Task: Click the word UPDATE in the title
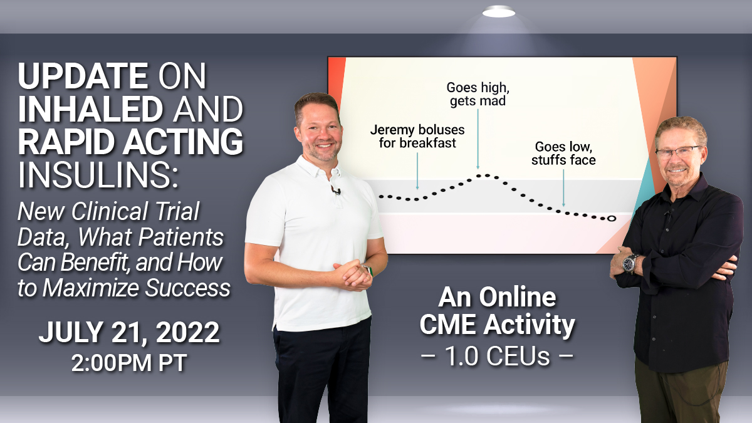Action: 83,76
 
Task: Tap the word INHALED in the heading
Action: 91,109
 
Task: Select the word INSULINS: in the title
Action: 98,175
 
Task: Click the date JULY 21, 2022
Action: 129,332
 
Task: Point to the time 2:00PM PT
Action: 129,363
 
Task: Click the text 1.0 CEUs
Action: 497,356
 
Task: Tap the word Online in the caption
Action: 518,297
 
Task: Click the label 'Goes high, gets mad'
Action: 478,94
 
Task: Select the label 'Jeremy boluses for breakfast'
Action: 417,137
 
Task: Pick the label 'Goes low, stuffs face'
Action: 563,153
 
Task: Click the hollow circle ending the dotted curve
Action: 612,219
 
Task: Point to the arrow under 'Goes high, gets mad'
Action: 478,139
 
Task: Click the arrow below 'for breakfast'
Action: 417,171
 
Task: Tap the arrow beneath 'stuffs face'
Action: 563,188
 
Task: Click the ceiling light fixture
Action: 499,13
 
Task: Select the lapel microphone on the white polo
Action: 336,191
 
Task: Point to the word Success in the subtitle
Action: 187,288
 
